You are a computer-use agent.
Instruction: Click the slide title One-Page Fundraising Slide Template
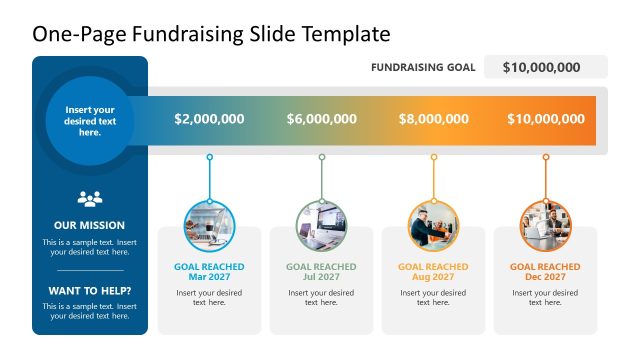tap(211, 34)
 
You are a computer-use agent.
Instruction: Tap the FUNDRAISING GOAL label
tap(423, 68)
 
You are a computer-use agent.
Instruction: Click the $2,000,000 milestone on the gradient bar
tap(209, 119)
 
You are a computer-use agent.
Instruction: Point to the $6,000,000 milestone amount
tap(321, 119)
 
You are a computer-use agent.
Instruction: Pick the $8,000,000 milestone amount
tap(433, 119)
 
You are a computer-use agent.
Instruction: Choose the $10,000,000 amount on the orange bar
tap(545, 119)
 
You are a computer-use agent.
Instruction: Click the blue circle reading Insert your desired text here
tap(90, 121)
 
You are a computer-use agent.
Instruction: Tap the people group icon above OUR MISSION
tap(90, 198)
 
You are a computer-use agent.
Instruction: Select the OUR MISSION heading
tap(90, 225)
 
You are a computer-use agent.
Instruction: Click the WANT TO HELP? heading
tap(90, 291)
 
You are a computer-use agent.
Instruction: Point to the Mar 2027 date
tap(209, 277)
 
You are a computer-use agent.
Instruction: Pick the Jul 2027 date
tap(321, 277)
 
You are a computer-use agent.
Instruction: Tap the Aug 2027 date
tap(433, 277)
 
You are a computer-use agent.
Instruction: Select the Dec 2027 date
tap(545, 277)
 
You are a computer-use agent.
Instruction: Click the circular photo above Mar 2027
tap(209, 225)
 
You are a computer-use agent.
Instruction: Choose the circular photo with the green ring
tap(321, 225)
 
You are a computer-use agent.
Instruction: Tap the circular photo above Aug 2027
tap(433, 225)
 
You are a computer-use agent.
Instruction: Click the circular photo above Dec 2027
tap(545, 225)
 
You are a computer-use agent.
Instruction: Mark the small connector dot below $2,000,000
tap(209, 157)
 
